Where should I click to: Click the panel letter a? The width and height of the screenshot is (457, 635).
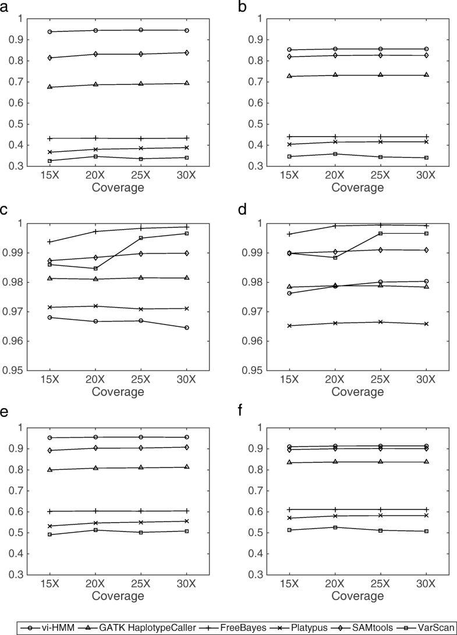click(5, 7)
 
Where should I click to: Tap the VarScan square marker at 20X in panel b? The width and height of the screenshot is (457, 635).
click(336, 154)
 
